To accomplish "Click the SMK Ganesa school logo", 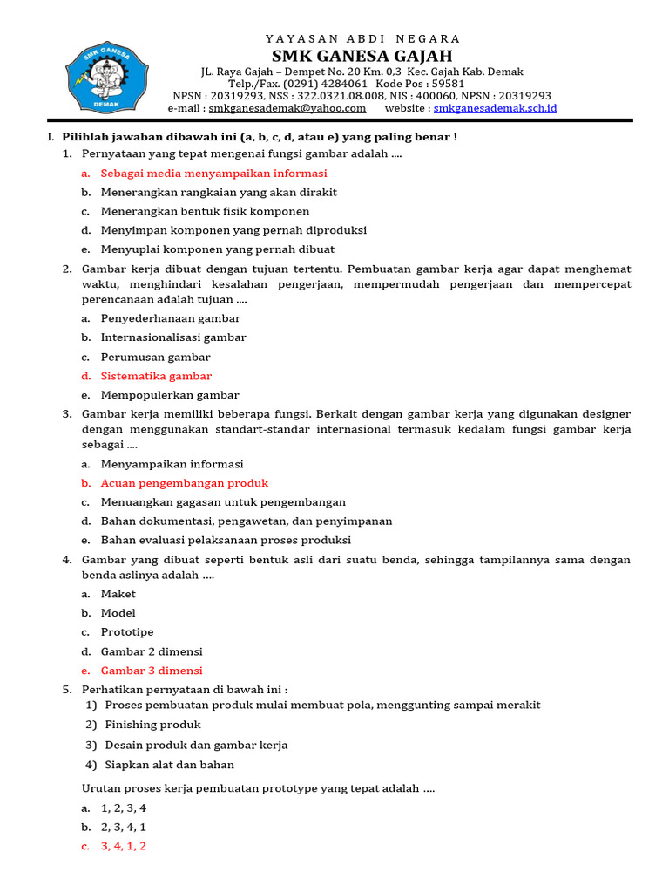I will click(98, 77).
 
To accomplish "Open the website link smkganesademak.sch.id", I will click(495, 108).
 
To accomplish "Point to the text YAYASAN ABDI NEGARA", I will click(362, 38).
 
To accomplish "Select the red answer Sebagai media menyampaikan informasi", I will click(213, 173).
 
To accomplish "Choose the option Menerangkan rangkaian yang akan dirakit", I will click(219, 192).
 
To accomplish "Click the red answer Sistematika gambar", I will click(156, 376).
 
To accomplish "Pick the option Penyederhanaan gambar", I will click(171, 318).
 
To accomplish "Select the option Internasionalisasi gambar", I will click(173, 337).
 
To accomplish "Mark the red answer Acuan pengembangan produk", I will click(185, 483).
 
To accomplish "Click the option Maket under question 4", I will click(118, 594).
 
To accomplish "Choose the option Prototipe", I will click(127, 632).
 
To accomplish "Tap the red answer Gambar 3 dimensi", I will click(152, 671).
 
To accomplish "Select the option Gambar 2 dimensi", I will click(152, 651).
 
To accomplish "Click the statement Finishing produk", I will click(152, 725).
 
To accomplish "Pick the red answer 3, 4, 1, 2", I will click(124, 846).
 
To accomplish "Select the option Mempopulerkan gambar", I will click(170, 395).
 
